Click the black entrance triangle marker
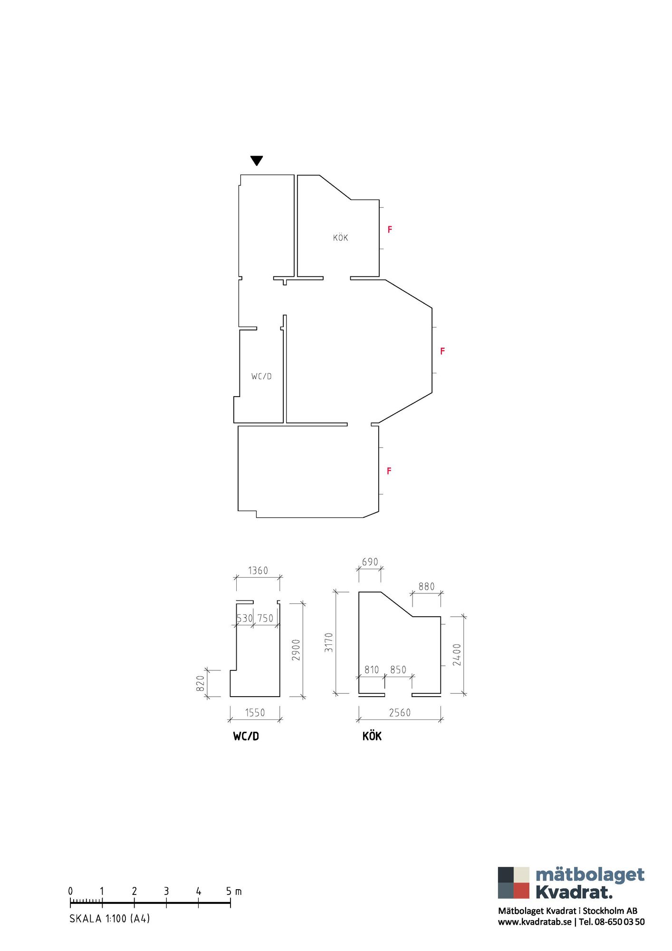[257, 160]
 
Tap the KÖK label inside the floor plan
[340, 237]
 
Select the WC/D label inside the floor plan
[261, 376]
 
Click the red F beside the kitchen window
[390, 230]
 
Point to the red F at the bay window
[442, 351]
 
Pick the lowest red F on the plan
[389, 471]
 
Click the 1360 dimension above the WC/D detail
[258, 571]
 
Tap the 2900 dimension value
[296, 650]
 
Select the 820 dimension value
[201, 683]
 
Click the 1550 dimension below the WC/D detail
[255, 713]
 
